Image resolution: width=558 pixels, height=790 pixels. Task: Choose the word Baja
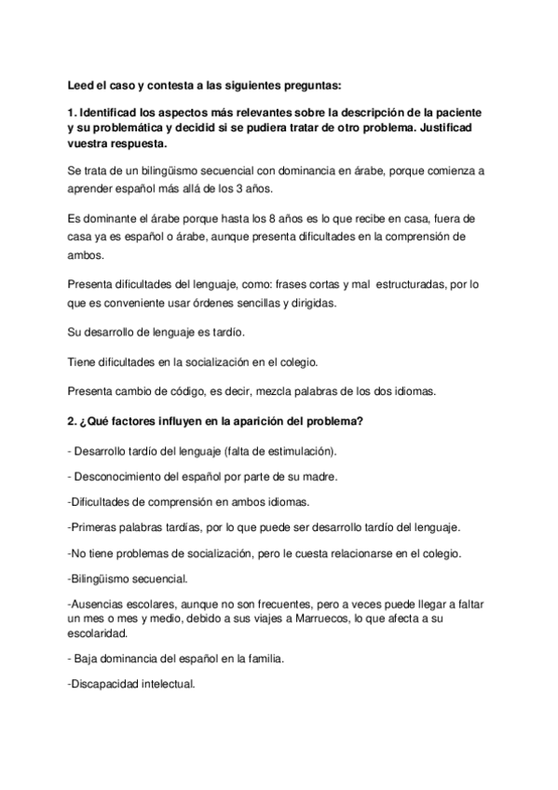pos(91,659)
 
